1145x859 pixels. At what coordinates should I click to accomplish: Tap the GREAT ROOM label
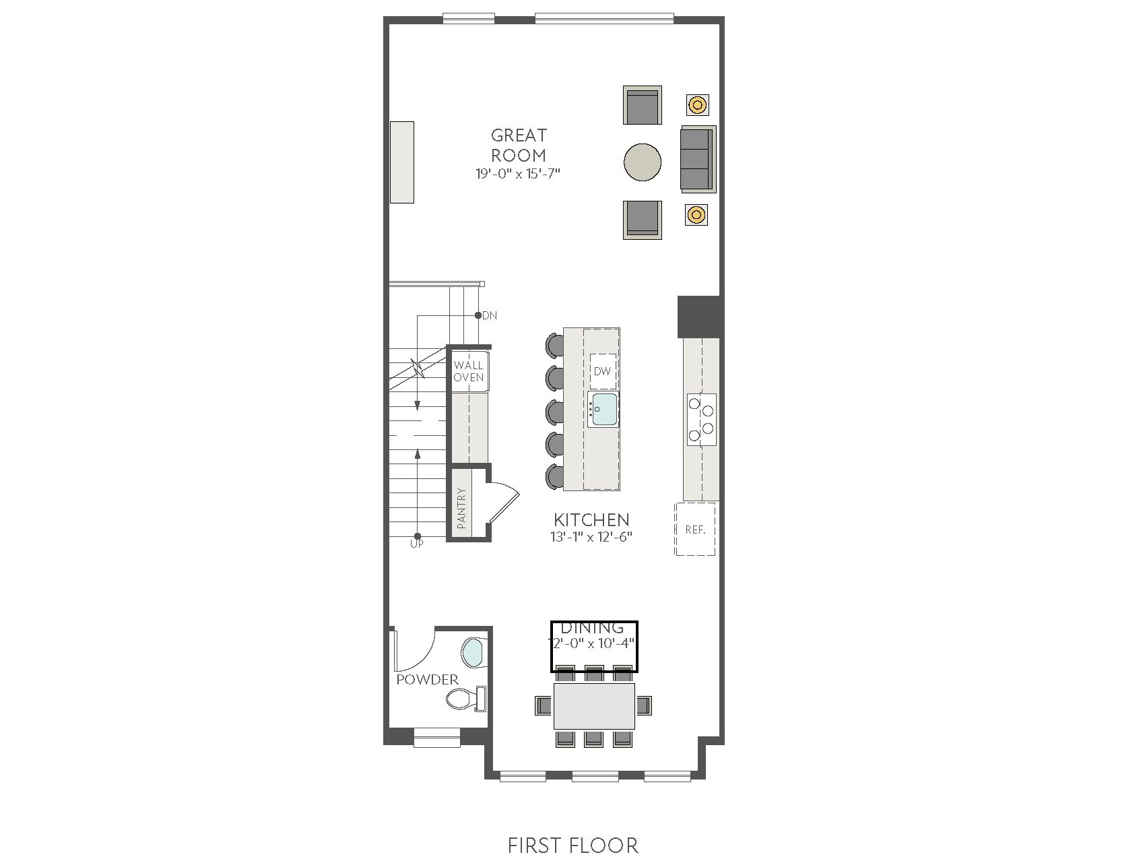(519, 145)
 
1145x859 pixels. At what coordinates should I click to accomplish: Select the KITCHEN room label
(591, 519)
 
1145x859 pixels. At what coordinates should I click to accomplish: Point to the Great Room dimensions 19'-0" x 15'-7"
(518, 174)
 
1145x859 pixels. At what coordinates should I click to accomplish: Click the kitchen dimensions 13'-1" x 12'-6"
(591, 537)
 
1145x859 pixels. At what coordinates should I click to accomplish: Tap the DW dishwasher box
(603, 371)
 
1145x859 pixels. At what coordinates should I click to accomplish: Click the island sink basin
(604, 409)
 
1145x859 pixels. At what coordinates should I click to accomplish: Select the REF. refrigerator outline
(695, 529)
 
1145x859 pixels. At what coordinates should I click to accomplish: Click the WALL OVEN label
(468, 371)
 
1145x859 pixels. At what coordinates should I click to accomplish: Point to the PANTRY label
(461, 507)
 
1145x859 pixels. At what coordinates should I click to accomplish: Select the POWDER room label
(427, 680)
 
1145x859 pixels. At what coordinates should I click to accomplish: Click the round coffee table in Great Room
(643, 162)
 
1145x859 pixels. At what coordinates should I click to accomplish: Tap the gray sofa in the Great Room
(698, 158)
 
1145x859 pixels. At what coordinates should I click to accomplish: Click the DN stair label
(490, 315)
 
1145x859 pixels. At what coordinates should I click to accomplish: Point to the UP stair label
(417, 544)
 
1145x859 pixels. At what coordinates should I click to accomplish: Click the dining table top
(594, 706)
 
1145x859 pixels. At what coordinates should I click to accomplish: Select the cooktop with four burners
(701, 419)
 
